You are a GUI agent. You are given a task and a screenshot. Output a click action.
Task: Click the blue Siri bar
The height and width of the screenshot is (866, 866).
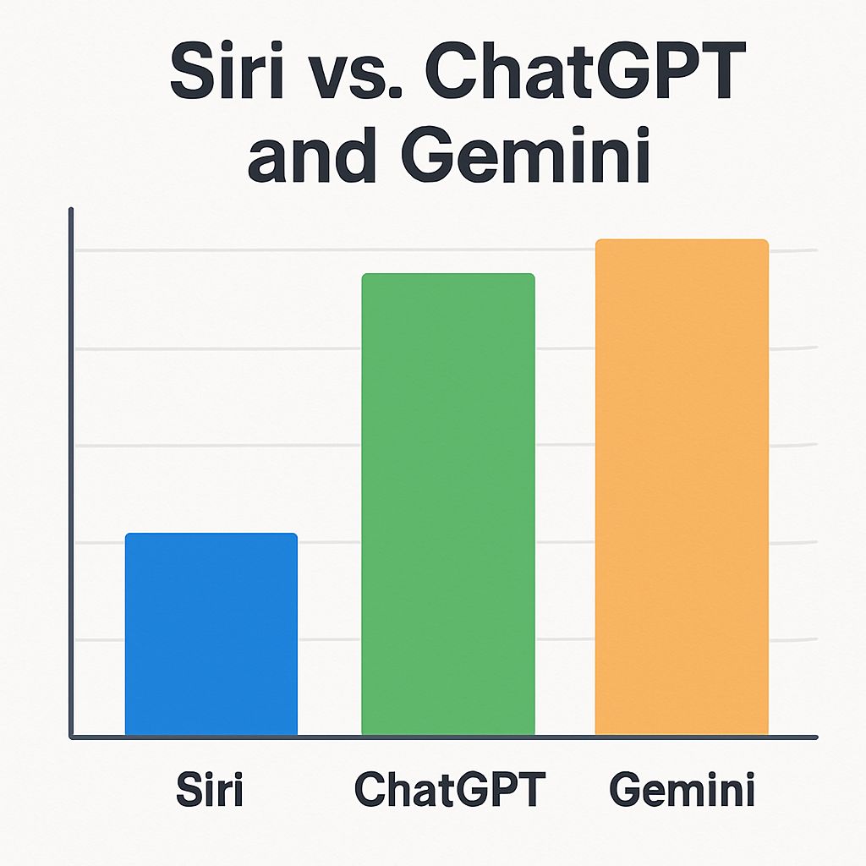[211, 634]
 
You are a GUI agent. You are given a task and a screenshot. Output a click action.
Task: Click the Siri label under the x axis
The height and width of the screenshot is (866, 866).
[210, 790]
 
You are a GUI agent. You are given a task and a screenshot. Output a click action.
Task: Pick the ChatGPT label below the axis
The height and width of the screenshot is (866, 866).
[449, 790]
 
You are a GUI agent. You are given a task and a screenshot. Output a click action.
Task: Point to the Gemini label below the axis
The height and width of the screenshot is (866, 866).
[682, 790]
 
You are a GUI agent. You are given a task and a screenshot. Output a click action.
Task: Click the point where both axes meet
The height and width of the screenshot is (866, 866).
[73, 737]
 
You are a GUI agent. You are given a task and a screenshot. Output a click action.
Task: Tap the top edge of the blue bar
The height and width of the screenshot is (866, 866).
[211, 534]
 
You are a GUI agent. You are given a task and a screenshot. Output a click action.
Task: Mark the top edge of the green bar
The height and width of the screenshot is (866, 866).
[447, 275]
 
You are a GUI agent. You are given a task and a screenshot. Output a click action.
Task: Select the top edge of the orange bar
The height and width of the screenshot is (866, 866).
[682, 241]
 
